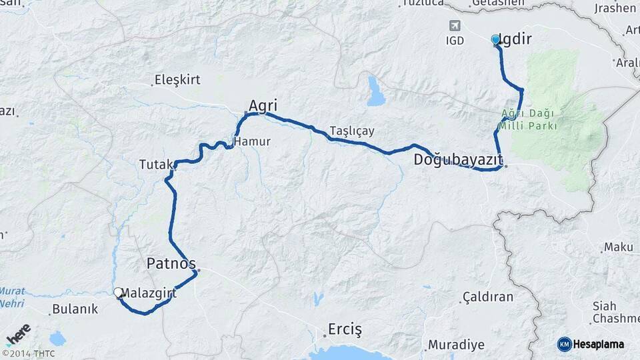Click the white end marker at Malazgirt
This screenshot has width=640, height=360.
[118, 292]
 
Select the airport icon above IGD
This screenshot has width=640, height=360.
[455, 26]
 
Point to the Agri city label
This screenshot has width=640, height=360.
[263, 105]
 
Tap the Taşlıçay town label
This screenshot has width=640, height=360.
[352, 131]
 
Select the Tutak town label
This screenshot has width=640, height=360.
[156, 163]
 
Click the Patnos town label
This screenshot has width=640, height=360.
[171, 263]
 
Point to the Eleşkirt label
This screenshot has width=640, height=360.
[177, 80]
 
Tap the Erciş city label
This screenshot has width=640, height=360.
[345, 329]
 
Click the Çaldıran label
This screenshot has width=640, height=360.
[489, 297]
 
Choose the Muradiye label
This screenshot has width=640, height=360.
[456, 345]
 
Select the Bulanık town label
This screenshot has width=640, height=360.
[74, 309]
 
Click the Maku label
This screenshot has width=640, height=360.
[618, 247]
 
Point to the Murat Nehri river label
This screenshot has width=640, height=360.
[13, 297]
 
